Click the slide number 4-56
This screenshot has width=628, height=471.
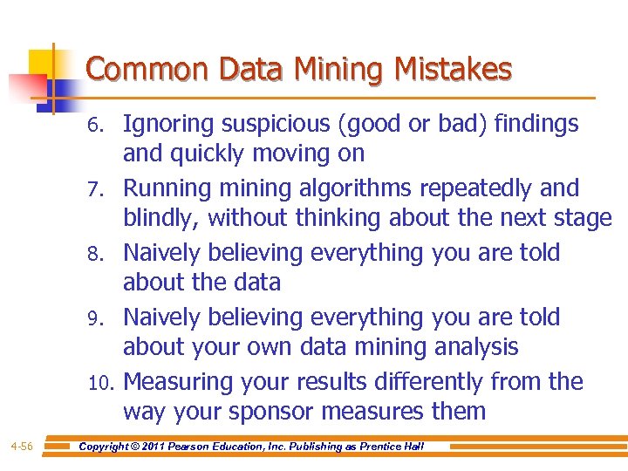point(22,447)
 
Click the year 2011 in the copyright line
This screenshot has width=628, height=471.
point(166,447)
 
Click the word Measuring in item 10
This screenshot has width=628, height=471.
point(177,382)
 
